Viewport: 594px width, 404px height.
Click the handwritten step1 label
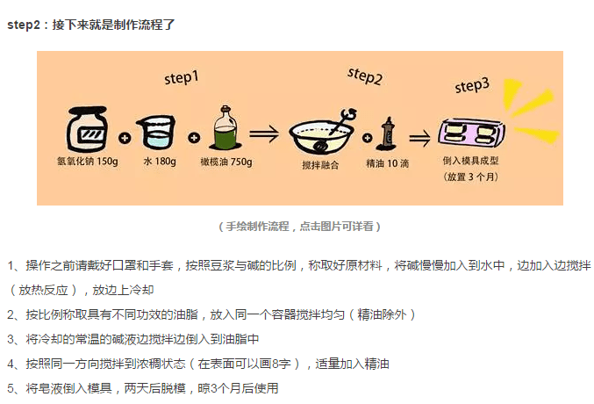(182, 78)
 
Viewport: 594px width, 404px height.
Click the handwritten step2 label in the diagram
(364, 76)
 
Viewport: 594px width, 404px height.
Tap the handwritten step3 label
(472, 86)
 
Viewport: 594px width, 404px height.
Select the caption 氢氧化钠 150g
(86, 162)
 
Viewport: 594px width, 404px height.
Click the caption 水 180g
(159, 162)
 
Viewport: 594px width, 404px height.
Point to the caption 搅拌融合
(318, 163)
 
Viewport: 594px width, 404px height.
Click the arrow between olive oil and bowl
(265, 134)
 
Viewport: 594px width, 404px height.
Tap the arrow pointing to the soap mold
(420, 137)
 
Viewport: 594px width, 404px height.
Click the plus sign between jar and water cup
(125, 138)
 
